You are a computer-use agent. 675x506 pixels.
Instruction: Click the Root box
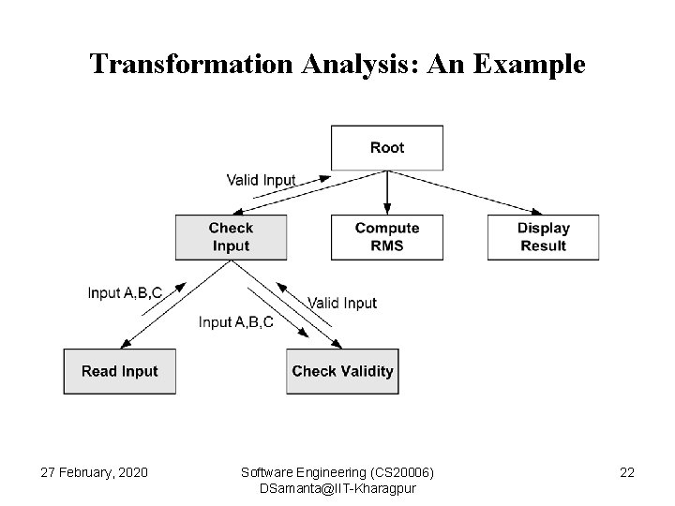(x=387, y=147)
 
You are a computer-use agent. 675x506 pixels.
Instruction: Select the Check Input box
(x=230, y=237)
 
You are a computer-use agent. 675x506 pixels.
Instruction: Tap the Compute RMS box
(x=387, y=237)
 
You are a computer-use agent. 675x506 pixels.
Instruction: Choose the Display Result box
(x=543, y=237)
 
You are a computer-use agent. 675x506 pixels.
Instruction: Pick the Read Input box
(x=120, y=371)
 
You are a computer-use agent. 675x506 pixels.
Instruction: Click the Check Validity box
(x=342, y=371)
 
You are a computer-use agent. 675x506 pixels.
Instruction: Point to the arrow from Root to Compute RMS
(x=387, y=192)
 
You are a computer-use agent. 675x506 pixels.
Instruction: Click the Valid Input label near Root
(x=261, y=180)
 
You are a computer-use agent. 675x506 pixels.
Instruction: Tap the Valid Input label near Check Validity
(x=342, y=303)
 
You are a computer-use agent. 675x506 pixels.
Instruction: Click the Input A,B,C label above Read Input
(x=125, y=292)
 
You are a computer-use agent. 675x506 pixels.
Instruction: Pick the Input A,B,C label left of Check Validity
(x=236, y=322)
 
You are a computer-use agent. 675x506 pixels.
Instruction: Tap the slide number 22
(x=626, y=473)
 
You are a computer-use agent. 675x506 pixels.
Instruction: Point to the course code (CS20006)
(x=401, y=473)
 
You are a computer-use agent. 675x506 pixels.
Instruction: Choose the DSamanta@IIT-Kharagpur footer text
(x=338, y=490)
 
